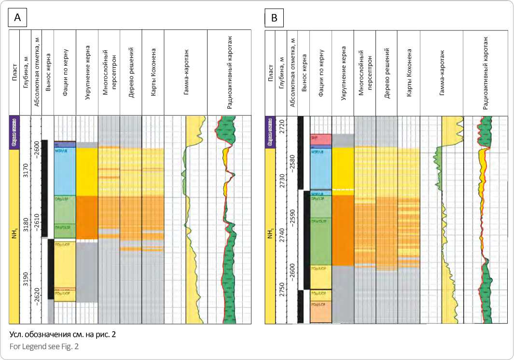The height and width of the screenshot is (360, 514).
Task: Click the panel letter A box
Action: coord(18,18)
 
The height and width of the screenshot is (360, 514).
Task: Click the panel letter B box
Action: coord(274,18)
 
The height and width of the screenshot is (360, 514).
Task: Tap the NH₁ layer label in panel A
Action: coord(14,236)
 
